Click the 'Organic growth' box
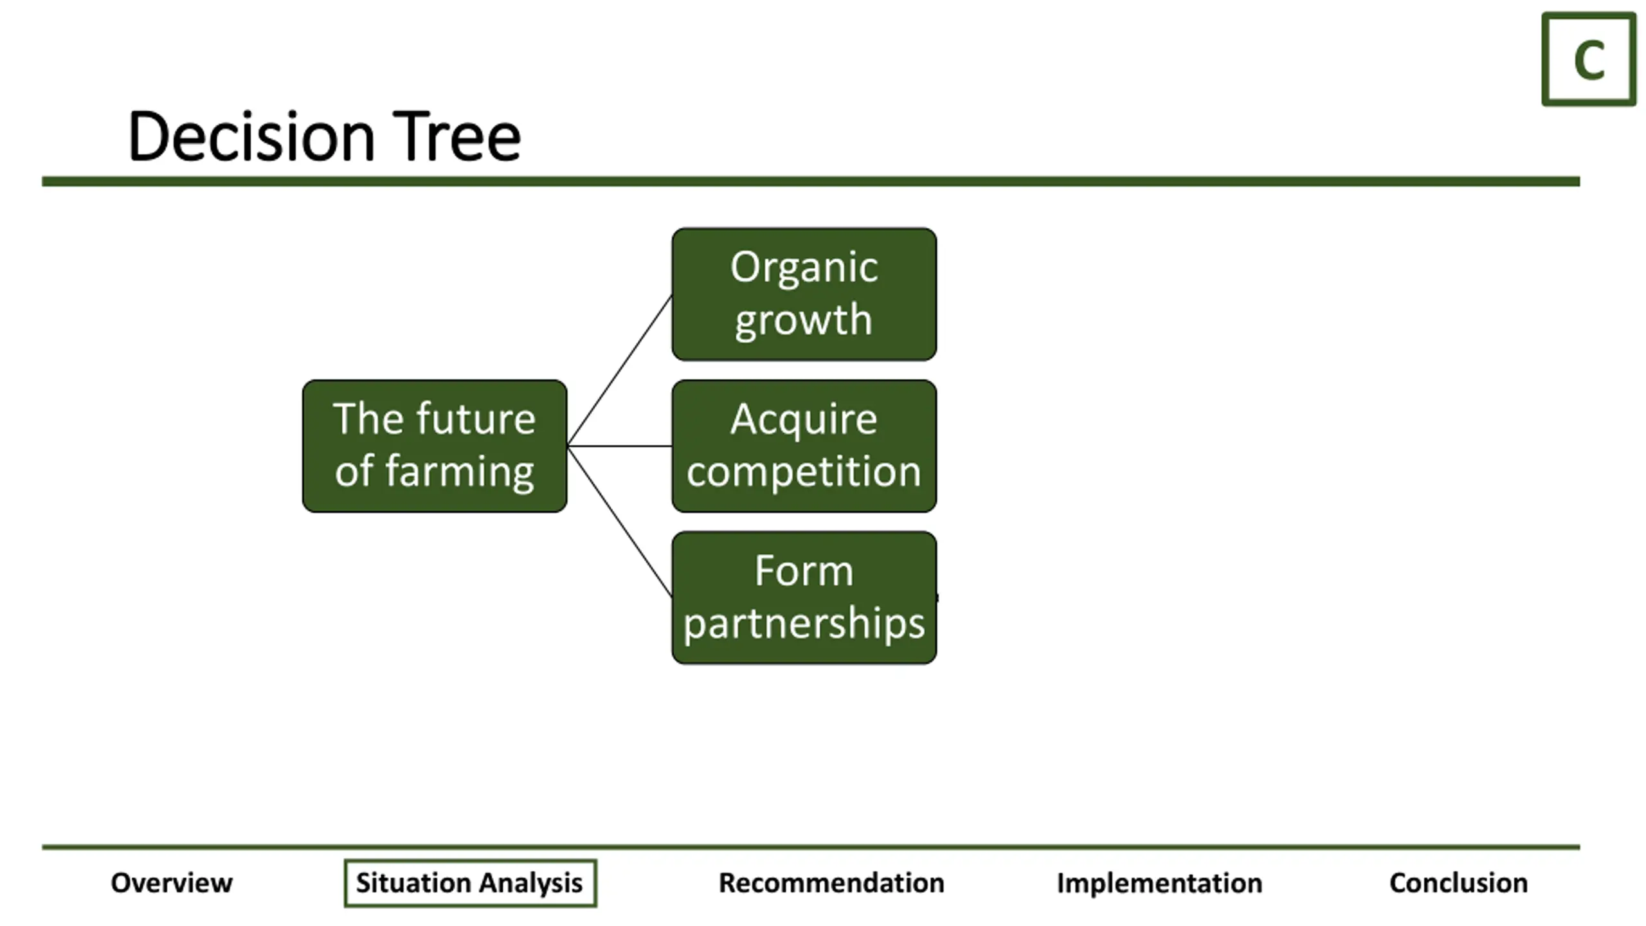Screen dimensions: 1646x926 (x=804, y=294)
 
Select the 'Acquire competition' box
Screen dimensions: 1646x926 (x=804, y=446)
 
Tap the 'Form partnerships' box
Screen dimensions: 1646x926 (x=804, y=597)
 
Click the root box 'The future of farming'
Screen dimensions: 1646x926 (x=435, y=446)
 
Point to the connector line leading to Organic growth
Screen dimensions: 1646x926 (x=620, y=370)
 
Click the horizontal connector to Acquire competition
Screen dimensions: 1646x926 (x=620, y=446)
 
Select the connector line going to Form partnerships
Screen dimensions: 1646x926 (x=620, y=522)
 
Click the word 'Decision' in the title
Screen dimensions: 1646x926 (x=251, y=136)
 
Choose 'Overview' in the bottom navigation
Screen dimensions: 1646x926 (x=172, y=883)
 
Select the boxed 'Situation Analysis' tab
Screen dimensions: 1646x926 (x=470, y=883)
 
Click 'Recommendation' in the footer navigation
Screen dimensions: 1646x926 (x=831, y=883)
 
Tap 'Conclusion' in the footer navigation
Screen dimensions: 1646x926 (x=1458, y=883)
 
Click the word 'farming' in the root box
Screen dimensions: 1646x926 (x=460, y=472)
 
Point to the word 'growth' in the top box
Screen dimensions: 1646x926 (x=804, y=320)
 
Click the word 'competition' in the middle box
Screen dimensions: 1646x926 (x=804, y=471)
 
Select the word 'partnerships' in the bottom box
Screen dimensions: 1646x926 (x=804, y=624)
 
